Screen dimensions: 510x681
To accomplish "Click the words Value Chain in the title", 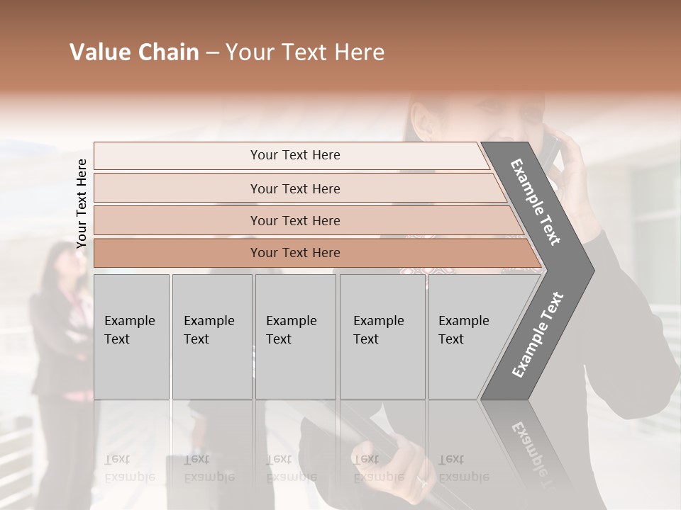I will (134, 52).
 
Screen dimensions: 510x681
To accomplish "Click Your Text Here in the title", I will (305, 52).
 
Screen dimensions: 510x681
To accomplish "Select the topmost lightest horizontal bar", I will (295, 155).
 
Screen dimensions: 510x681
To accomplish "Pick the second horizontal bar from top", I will (295, 188).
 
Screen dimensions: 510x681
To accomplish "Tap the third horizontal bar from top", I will (295, 220).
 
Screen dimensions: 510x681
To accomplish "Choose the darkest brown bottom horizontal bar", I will (295, 253).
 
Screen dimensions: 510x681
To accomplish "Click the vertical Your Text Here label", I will (82, 203).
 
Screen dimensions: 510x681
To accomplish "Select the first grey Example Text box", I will (131, 336).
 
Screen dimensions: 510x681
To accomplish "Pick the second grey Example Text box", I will (211, 336).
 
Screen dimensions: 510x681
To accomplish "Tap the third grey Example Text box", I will (294, 336).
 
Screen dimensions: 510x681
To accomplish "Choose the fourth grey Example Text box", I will (382, 336).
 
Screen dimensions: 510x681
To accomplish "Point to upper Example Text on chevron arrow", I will (536, 202).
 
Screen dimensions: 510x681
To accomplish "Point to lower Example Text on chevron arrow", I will (538, 334).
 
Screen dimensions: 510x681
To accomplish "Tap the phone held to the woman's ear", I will (550, 152).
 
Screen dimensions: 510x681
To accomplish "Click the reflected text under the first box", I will (129, 467).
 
